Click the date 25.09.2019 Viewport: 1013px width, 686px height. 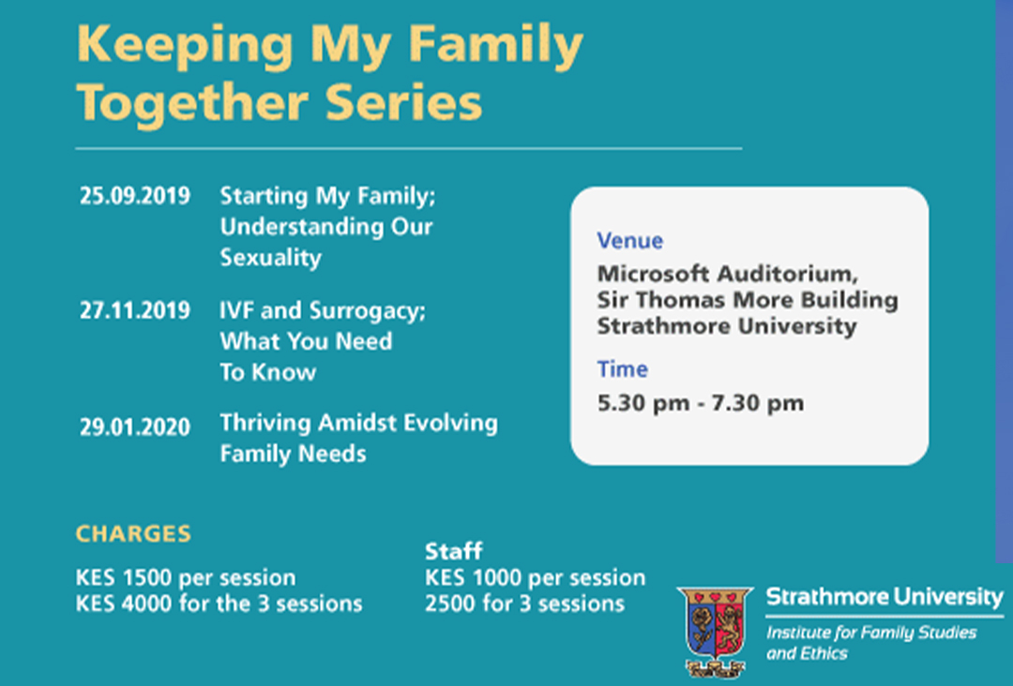pyautogui.click(x=135, y=196)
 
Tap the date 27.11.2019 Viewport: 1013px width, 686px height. pyautogui.click(x=135, y=311)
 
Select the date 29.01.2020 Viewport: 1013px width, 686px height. pyautogui.click(x=135, y=427)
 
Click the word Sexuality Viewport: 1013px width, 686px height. pyautogui.click(x=271, y=258)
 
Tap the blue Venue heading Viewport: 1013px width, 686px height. pyautogui.click(x=630, y=241)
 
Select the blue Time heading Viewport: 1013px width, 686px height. pyautogui.click(x=622, y=369)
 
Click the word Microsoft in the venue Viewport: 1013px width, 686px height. pyautogui.click(x=653, y=275)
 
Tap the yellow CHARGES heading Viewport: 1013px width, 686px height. pyautogui.click(x=134, y=533)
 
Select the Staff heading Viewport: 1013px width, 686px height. pyautogui.click(x=454, y=551)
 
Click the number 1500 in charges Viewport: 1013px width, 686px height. pyautogui.click(x=147, y=577)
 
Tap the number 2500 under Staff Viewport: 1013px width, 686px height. pyautogui.click(x=450, y=604)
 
